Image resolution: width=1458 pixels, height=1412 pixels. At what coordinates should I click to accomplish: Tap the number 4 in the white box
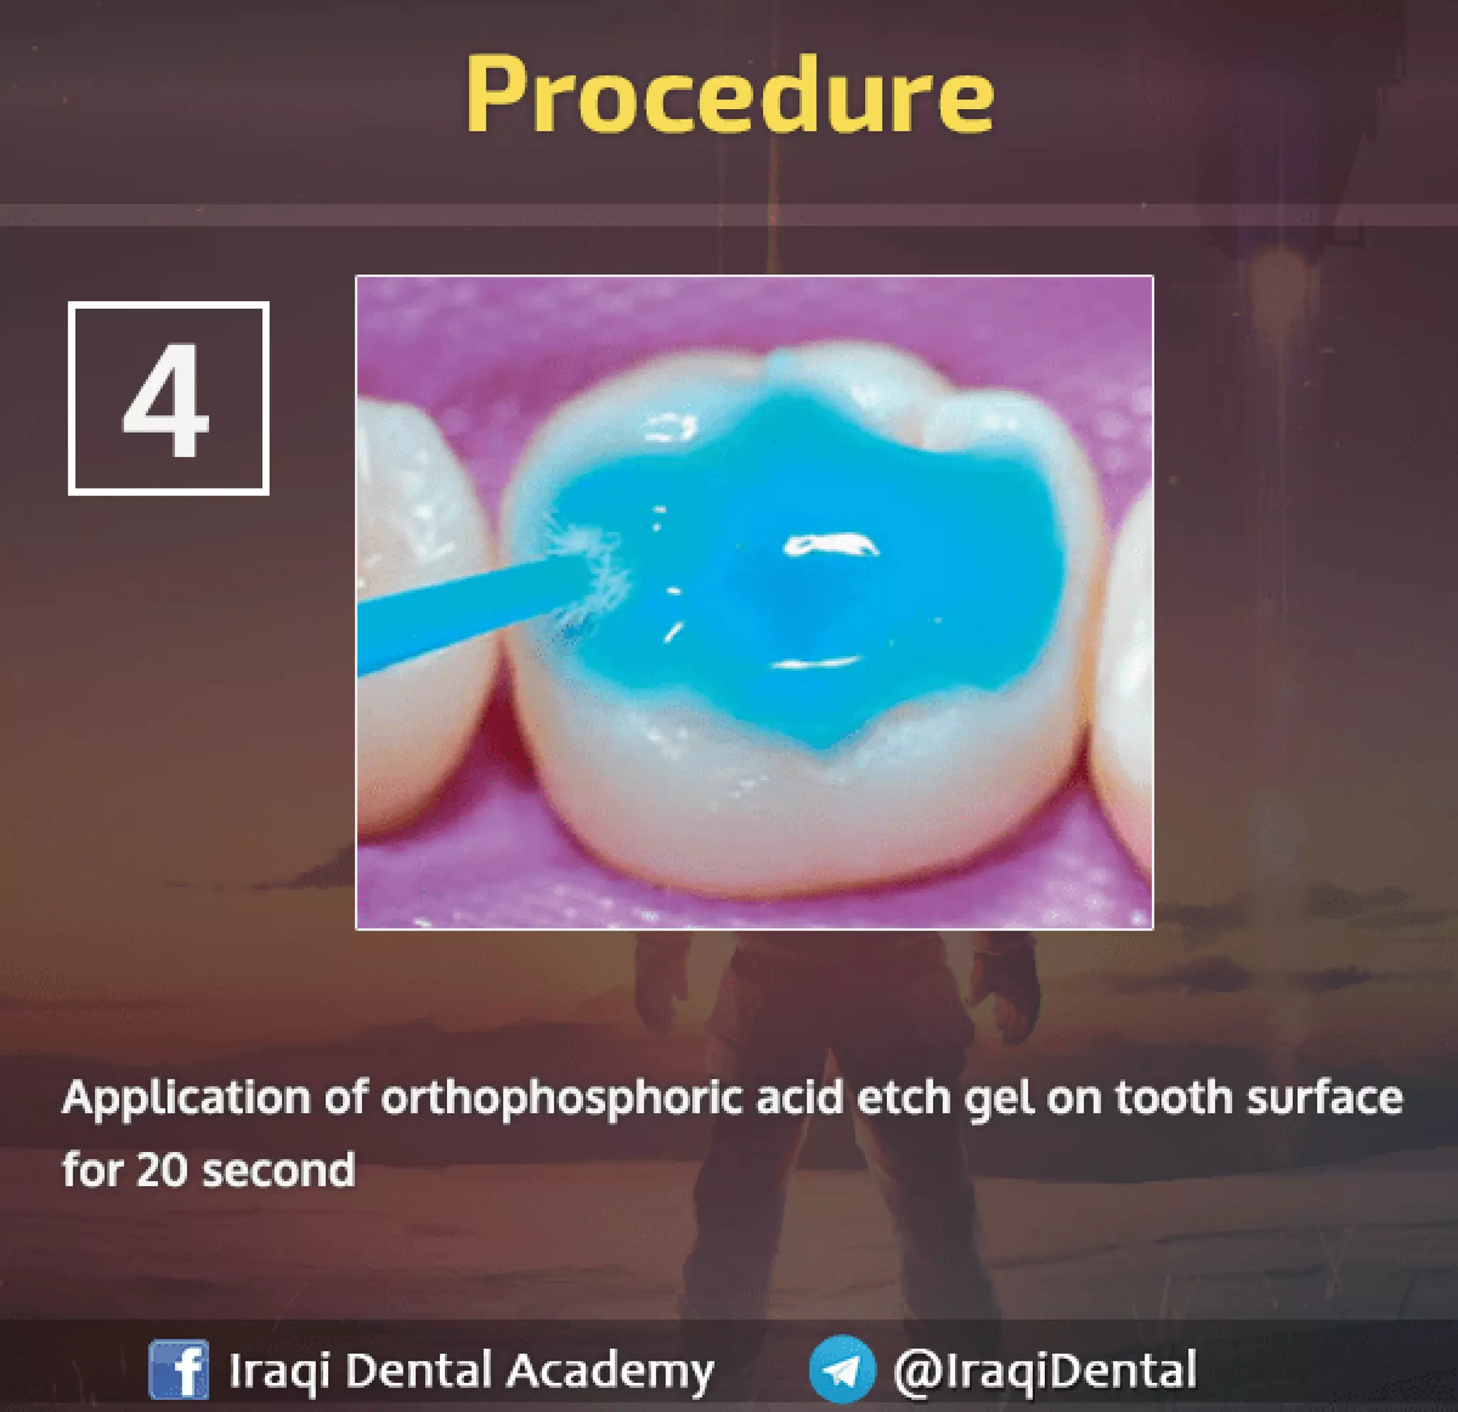(x=167, y=400)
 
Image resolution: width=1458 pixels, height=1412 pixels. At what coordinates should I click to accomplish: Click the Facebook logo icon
(x=179, y=1369)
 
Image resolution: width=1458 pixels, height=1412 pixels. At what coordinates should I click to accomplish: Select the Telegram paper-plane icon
(x=842, y=1369)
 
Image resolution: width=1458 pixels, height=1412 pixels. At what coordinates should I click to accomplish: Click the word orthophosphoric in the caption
(x=562, y=1099)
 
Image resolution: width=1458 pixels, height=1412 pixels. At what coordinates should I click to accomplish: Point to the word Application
(x=186, y=1099)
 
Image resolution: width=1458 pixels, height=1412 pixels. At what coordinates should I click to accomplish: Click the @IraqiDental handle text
(x=1044, y=1369)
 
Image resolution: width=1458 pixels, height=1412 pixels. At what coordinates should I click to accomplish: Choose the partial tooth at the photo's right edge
(x=1127, y=669)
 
